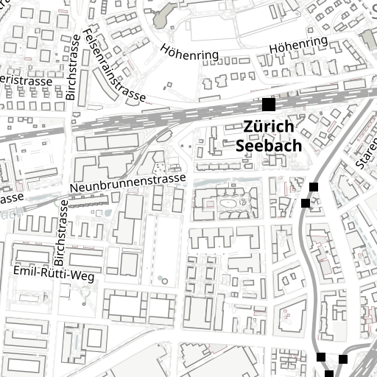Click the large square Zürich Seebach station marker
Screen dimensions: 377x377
(268, 105)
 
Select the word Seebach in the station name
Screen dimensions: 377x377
(269, 145)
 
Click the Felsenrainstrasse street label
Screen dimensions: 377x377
(113, 66)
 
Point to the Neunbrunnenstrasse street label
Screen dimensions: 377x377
(127, 183)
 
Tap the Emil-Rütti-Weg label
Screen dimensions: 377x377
(54, 272)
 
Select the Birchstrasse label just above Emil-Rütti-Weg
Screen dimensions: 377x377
(62, 241)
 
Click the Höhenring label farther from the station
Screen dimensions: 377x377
(189, 52)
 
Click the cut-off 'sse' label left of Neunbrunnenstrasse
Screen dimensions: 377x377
(12, 199)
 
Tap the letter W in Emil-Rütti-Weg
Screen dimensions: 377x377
(77, 276)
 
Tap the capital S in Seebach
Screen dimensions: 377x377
(241, 145)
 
